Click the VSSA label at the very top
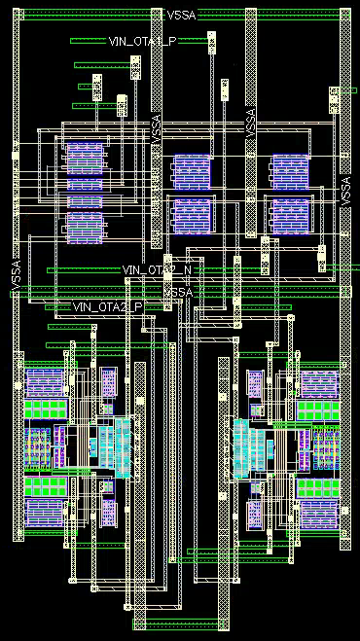181,15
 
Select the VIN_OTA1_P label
139,40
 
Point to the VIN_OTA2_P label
108,306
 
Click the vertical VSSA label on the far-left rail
15,272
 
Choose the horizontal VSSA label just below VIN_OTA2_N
178,291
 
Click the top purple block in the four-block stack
85,155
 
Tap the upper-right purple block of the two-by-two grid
290,170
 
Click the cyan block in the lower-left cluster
114,445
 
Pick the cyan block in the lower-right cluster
248,446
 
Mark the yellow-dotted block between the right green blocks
322,447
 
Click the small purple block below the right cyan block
256,512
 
